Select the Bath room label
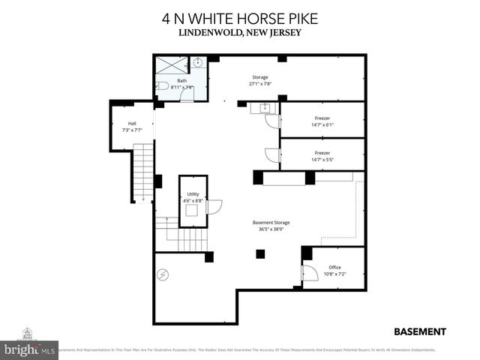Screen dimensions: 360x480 tap(182, 81)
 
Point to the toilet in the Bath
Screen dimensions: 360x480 tap(163, 87)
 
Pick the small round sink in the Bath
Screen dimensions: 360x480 tap(198, 63)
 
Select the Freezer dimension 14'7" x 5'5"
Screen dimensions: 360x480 tap(322, 160)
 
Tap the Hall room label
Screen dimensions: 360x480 tap(132, 123)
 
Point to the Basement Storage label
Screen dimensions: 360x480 tap(271, 223)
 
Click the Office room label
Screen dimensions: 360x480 tap(334, 267)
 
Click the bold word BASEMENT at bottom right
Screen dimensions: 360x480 tap(420, 331)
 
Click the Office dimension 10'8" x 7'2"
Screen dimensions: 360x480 tap(334, 274)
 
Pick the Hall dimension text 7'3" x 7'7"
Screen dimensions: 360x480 tap(132, 130)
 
